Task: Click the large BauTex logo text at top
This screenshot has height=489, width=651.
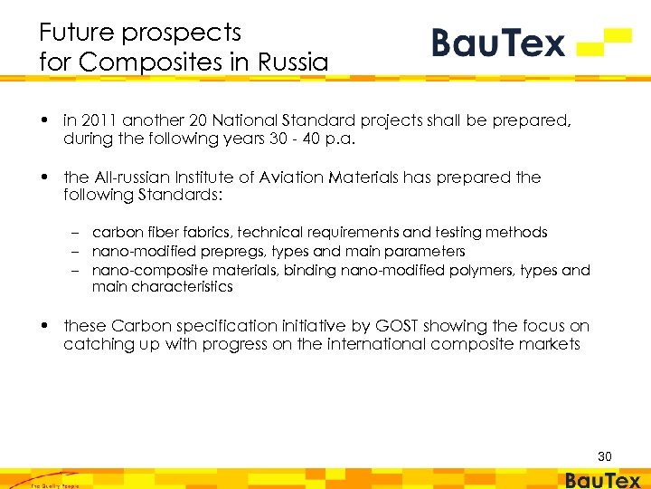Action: pyautogui.click(x=498, y=43)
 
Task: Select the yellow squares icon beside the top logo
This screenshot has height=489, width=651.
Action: pyautogui.click(x=604, y=42)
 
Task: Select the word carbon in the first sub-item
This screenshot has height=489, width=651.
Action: pyautogui.click(x=115, y=233)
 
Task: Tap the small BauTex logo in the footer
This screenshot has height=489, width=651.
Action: pyautogui.click(x=602, y=481)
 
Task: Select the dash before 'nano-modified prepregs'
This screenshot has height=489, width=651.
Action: pyautogui.click(x=80, y=251)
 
